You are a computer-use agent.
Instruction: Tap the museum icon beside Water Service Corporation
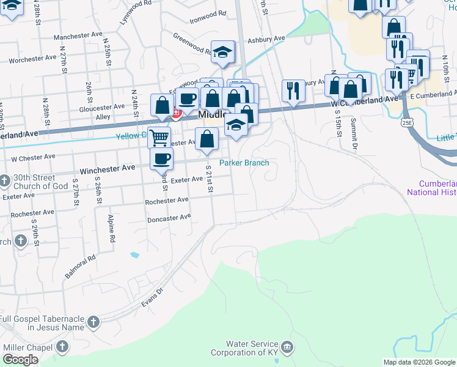coord(288,347)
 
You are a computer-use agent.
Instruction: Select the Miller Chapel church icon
coord(62,347)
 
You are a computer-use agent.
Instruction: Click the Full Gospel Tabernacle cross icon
coord(93,322)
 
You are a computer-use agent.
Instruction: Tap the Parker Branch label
coord(244,163)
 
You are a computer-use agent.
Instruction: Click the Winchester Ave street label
coord(108,168)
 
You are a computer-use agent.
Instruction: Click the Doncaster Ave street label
coord(169,217)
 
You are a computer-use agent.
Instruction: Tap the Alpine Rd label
coord(112,229)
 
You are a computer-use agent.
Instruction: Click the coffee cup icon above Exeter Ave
coord(161,159)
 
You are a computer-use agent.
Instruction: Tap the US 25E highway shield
coord(407,123)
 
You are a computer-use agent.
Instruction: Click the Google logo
coord(20,360)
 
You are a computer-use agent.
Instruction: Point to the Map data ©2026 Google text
coord(419,362)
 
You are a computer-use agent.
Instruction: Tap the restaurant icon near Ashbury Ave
coord(293,91)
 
